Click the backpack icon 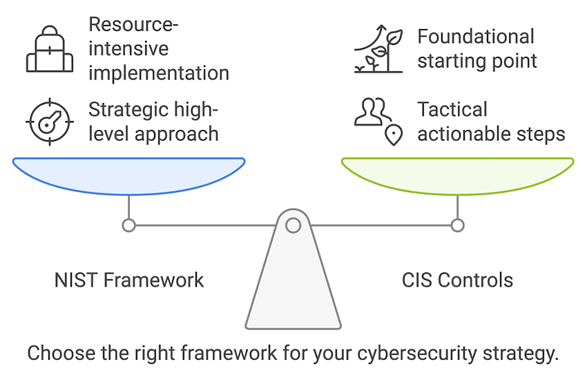point(49,50)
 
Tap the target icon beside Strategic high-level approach point(49,122)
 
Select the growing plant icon point(378,50)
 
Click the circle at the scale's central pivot point(293,225)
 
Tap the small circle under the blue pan point(128,225)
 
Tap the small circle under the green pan point(457,225)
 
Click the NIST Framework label point(129,280)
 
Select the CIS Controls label point(457,280)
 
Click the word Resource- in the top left point(133,25)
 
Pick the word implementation point(159,73)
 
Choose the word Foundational point(476,37)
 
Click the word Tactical point(452,110)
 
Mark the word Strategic point(128,110)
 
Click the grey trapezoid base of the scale point(293,290)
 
